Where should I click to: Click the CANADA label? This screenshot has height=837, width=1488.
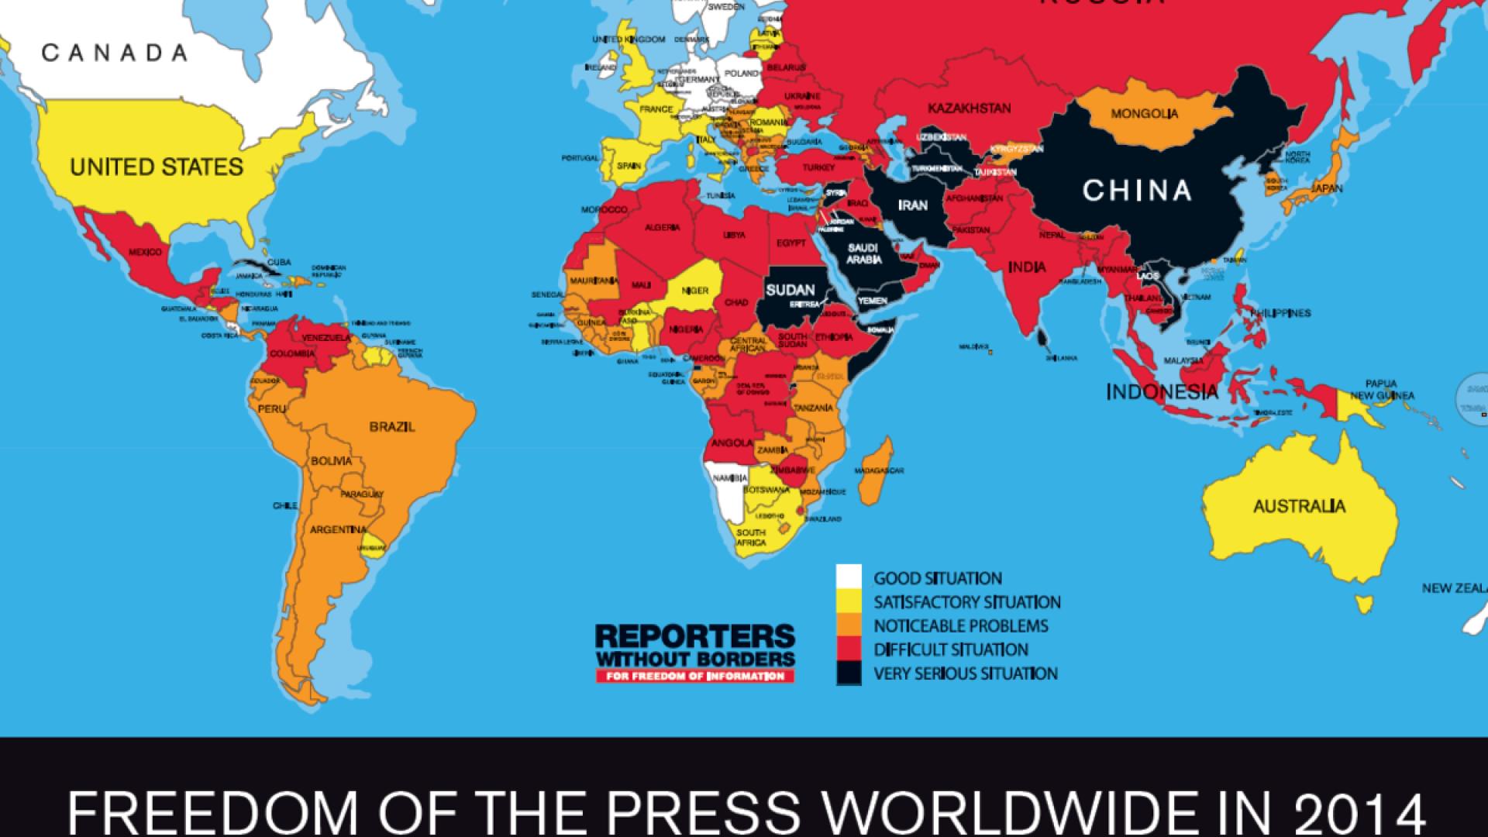[114, 53]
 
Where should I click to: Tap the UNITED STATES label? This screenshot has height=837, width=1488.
[157, 167]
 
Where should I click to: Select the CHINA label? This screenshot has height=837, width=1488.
[1136, 190]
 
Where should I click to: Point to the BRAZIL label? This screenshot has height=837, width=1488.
[392, 426]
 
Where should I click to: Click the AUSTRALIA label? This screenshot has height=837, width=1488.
[1300, 507]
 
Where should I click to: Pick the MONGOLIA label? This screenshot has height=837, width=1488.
[1144, 114]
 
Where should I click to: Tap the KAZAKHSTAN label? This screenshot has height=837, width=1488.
[969, 108]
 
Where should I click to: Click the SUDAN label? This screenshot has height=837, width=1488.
[790, 291]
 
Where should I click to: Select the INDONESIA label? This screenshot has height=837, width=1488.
[1162, 392]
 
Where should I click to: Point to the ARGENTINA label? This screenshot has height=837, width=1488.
[338, 530]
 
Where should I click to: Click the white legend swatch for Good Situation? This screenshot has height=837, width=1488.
[849, 578]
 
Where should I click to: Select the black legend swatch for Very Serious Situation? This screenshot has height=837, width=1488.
[849, 673]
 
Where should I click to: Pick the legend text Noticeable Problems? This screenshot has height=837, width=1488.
[961, 626]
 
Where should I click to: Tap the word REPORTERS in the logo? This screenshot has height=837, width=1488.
[694, 638]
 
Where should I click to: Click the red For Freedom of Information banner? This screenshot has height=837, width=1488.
[694, 677]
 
